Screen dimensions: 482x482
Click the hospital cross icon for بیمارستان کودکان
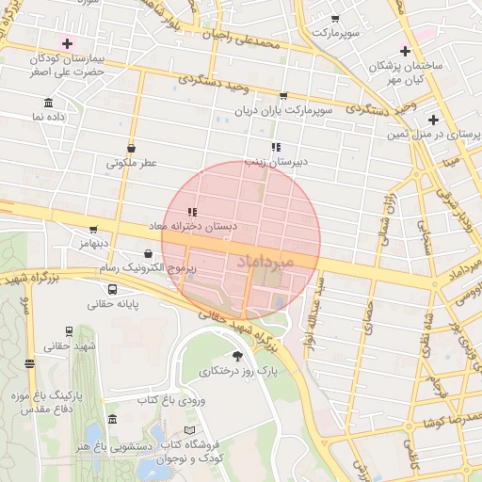[x=67, y=43]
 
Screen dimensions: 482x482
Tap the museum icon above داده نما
[x=48, y=104]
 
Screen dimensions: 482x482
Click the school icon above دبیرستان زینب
[x=276, y=147]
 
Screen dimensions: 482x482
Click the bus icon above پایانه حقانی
[x=113, y=289]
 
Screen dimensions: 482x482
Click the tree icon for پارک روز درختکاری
[x=236, y=355]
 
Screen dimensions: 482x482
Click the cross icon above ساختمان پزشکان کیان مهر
[x=405, y=51]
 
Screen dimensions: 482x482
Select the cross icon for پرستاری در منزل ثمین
[x=433, y=120]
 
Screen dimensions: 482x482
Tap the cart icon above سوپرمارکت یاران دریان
[x=283, y=96]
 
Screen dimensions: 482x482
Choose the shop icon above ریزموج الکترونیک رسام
[x=149, y=253]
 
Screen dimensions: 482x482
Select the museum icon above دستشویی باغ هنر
[x=113, y=420]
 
